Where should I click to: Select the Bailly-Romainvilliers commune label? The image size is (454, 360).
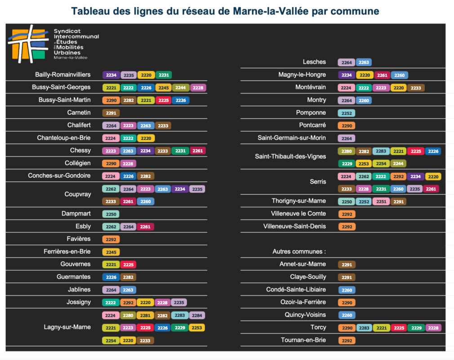[63, 75]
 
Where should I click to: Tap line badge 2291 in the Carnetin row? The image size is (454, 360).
[111, 113]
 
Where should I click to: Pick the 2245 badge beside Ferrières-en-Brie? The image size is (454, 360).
[111, 252]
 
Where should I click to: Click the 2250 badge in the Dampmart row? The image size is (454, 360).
[111, 214]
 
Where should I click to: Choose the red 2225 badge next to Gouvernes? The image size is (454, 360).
[128, 265]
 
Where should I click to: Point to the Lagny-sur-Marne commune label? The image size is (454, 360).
[67, 327]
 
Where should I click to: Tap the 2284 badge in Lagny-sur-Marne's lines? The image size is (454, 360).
[197, 315]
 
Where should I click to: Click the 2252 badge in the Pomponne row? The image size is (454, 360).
[347, 113]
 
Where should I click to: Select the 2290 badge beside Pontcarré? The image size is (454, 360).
[347, 126]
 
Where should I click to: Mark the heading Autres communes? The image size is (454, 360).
[299, 252]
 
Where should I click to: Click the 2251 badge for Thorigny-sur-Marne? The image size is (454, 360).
[381, 202]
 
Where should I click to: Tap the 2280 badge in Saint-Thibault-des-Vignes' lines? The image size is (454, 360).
[347, 151]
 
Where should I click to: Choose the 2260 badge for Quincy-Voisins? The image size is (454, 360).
[347, 315]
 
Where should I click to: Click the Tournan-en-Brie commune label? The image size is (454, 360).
[303, 340]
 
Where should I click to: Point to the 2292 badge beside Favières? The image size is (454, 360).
[111, 239]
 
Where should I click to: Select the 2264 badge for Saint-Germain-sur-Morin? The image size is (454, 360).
[347, 138]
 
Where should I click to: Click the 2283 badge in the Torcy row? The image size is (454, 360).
[364, 328]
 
